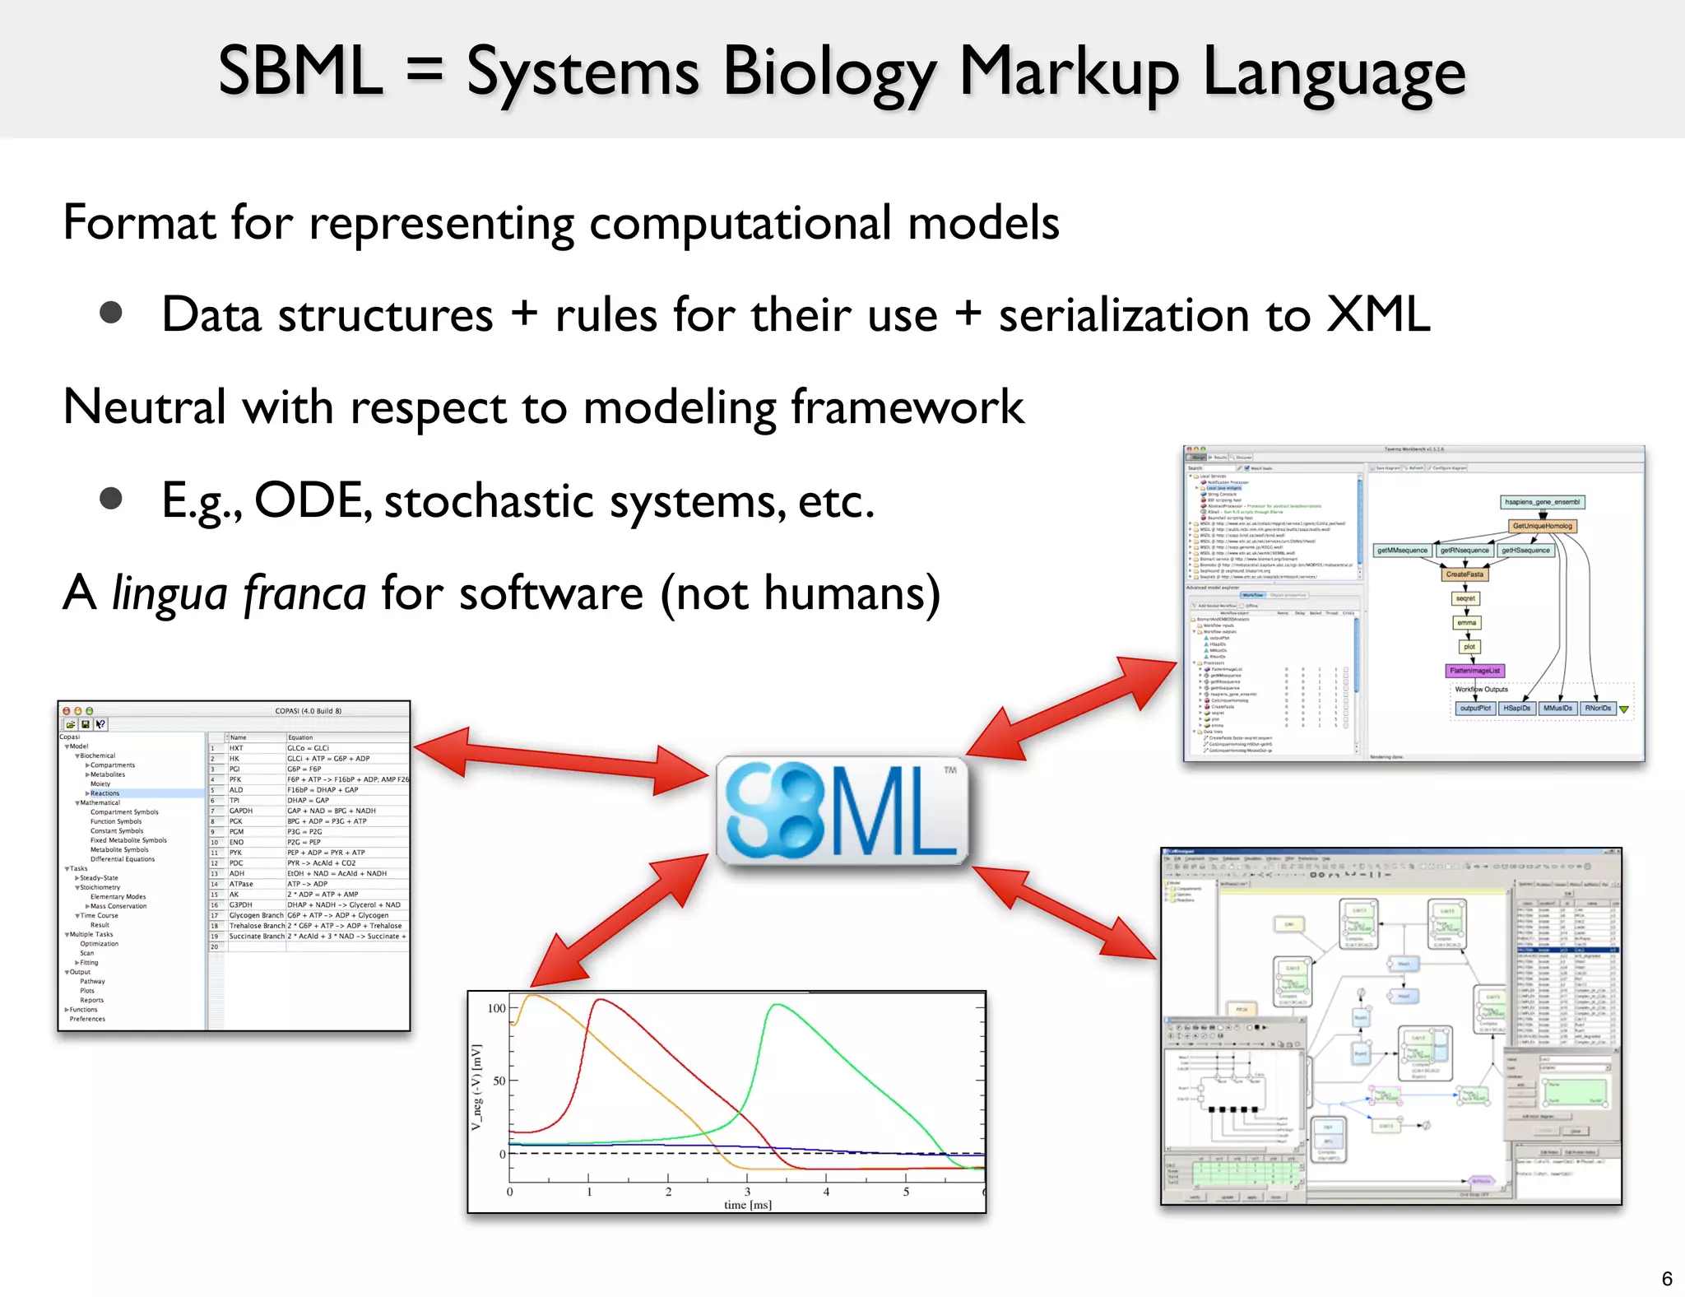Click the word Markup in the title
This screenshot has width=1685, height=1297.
(x=1070, y=72)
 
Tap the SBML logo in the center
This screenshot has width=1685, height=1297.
(x=842, y=811)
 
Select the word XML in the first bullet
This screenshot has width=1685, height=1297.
(x=1378, y=314)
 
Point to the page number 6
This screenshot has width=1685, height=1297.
(x=1667, y=1278)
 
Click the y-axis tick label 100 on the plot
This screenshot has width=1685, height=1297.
(x=497, y=1008)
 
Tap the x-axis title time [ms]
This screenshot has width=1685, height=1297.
(x=747, y=1205)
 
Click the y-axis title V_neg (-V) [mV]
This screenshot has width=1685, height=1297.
(x=476, y=1086)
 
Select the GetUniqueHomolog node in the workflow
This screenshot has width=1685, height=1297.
(x=1542, y=526)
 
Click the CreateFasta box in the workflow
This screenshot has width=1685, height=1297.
(x=1465, y=574)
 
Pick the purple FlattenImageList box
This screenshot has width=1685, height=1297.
(x=1474, y=671)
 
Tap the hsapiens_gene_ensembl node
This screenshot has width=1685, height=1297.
(x=1542, y=502)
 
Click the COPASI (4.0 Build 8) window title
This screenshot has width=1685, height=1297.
(x=308, y=711)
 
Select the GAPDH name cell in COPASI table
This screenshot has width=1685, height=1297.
(x=241, y=811)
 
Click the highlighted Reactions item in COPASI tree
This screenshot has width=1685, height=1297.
(x=104, y=793)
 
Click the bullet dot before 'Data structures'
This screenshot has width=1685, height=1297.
(x=111, y=314)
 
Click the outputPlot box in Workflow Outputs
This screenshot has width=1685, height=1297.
(x=1474, y=709)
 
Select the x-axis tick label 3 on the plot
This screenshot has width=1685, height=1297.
(x=747, y=1191)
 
